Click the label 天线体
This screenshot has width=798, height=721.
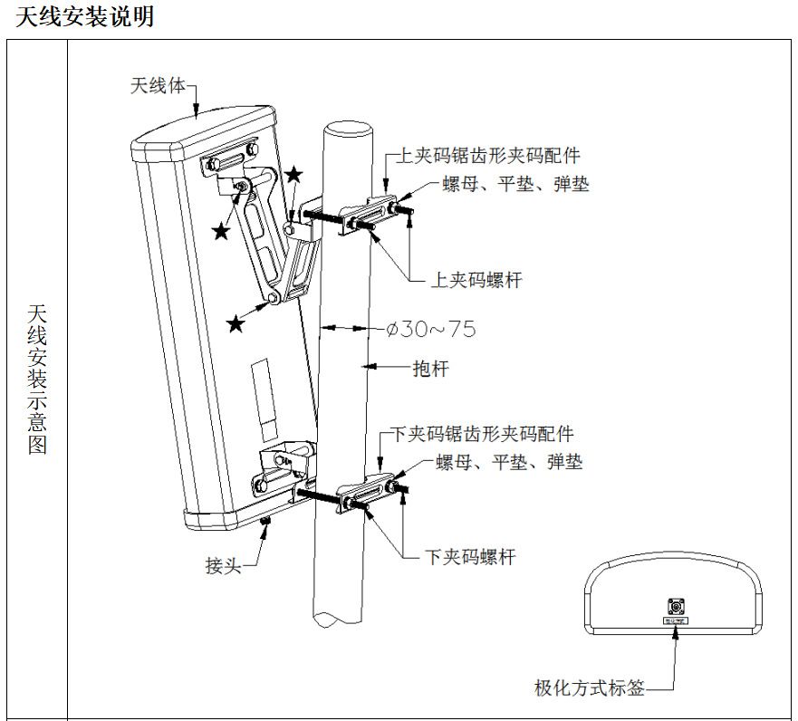click(159, 87)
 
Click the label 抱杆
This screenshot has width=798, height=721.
click(430, 369)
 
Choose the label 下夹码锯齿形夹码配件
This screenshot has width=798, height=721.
click(482, 435)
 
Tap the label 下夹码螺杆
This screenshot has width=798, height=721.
click(470, 556)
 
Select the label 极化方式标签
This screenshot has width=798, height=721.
click(590, 688)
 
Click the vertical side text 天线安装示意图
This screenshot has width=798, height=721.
click(37, 380)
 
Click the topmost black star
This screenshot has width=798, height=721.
click(294, 174)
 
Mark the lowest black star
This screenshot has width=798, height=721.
click(236, 323)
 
